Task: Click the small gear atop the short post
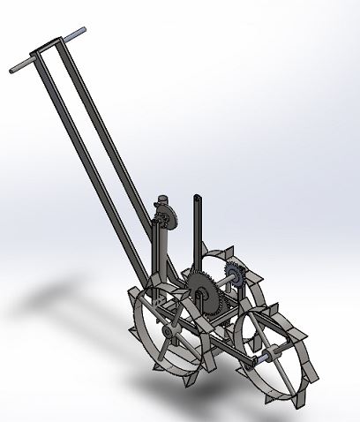165,219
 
